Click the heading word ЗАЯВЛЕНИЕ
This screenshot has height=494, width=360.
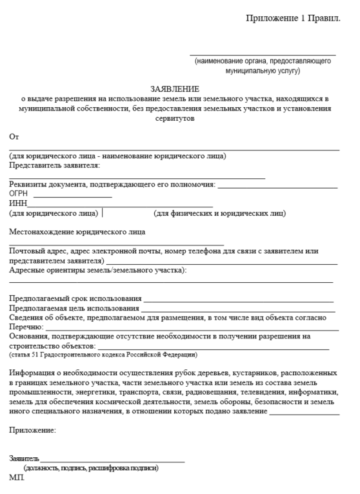(x=175, y=88)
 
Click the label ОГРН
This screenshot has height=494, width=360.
(x=19, y=194)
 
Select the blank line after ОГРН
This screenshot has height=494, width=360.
(x=72, y=196)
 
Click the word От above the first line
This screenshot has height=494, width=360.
(x=14, y=136)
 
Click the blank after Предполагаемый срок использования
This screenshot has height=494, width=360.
(x=239, y=301)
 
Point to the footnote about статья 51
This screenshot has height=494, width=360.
(x=103, y=355)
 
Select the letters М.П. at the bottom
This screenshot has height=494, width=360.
(x=16, y=478)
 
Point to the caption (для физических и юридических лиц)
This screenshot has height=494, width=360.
(x=219, y=213)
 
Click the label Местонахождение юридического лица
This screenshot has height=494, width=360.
(x=77, y=231)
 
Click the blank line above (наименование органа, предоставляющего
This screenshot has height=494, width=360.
(x=263, y=55)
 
